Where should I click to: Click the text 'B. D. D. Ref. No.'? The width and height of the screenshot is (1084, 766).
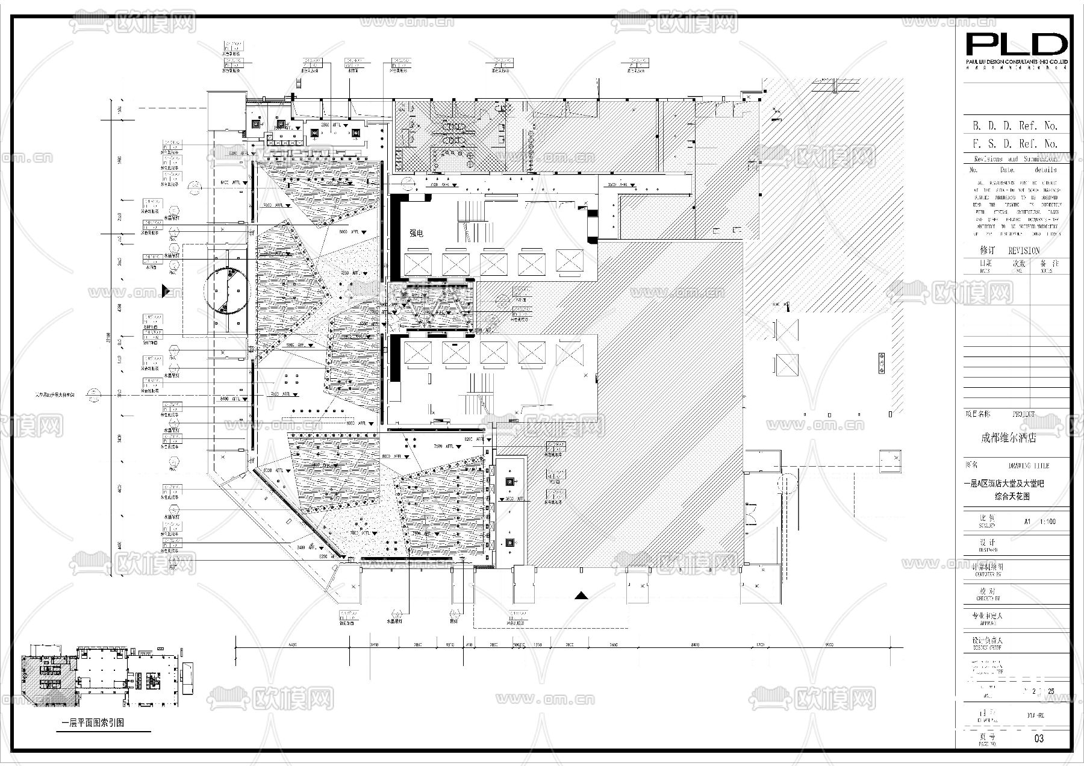pyautogui.click(x=1015, y=126)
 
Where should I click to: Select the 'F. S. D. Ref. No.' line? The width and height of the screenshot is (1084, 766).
pyautogui.click(x=1015, y=144)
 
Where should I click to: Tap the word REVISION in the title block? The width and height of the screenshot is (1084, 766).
pyautogui.click(x=1024, y=251)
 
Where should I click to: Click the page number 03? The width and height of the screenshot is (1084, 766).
pyautogui.click(x=1038, y=738)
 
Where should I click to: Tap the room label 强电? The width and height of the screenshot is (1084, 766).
pyautogui.click(x=416, y=233)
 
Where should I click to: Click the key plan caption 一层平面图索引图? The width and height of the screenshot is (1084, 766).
pyautogui.click(x=93, y=723)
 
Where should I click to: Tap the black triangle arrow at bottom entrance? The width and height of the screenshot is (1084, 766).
pyautogui.click(x=581, y=596)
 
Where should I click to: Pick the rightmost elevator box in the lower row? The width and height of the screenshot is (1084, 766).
pyautogui.click(x=569, y=352)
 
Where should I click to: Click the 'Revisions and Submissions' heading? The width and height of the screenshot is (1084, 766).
pyautogui.click(x=1015, y=159)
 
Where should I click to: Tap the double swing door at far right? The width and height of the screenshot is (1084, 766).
pyautogui.click(x=752, y=513)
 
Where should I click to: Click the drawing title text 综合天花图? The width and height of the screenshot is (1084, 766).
pyautogui.click(x=1012, y=497)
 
